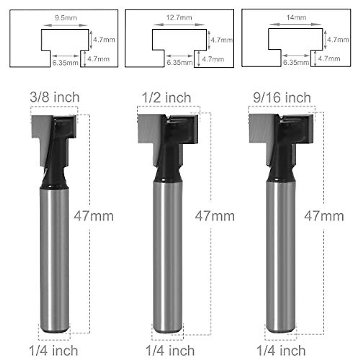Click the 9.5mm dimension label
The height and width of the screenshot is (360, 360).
(65, 18)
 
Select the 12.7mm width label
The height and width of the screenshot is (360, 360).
(179, 17)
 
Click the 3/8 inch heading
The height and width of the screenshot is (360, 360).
(55, 97)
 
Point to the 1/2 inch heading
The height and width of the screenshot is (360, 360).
(166, 98)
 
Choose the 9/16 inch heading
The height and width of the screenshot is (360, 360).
(282, 98)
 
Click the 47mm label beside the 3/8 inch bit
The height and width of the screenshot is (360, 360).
(94, 216)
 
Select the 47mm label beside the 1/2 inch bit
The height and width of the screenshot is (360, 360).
(214, 216)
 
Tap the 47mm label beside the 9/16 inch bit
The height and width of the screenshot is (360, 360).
(324, 216)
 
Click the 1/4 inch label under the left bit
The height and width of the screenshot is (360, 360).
(53, 350)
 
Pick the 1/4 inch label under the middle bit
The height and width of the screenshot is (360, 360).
(170, 350)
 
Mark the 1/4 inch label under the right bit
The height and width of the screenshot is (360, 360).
(281, 350)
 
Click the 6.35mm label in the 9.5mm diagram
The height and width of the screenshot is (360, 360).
(65, 63)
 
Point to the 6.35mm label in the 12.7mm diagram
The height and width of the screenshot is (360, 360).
(179, 63)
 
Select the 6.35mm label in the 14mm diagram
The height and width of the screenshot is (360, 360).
(296, 63)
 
